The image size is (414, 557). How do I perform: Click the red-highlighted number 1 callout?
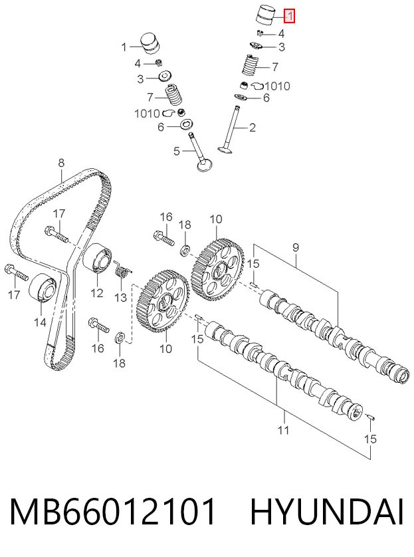pos(290,16)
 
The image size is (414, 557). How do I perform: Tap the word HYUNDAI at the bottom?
pos(327,512)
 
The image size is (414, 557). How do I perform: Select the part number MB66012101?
pos(113,512)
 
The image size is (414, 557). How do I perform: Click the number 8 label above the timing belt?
pos(61,163)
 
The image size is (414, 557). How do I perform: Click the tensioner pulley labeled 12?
pos(97,259)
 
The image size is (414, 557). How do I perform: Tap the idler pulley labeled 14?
pos(43,287)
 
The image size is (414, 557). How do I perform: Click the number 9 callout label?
pos(296,248)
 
